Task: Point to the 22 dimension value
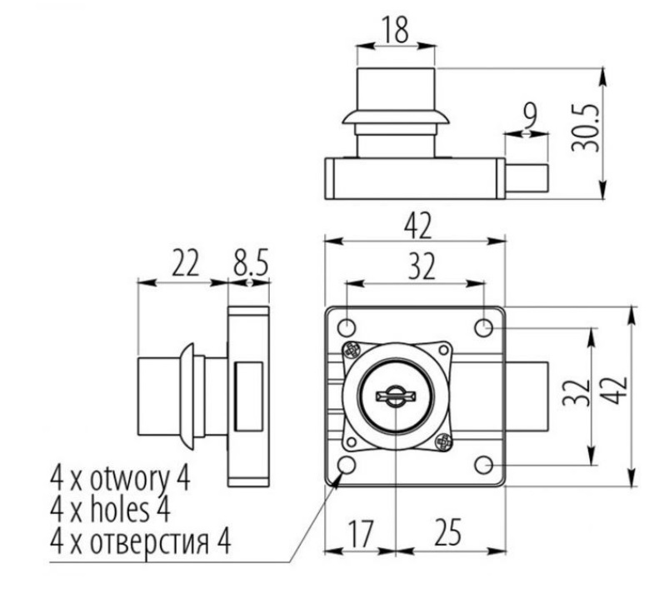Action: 186,265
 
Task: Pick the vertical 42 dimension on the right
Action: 617,396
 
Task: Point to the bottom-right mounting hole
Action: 485,463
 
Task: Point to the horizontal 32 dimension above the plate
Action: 415,269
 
